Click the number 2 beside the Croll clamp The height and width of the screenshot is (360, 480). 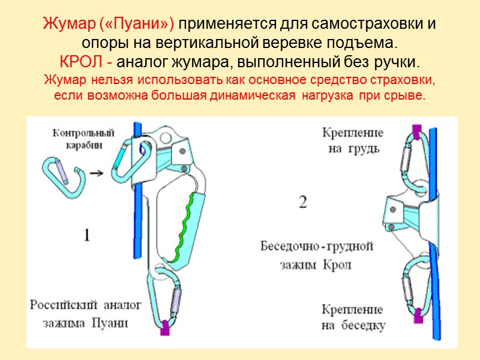(x=303, y=203)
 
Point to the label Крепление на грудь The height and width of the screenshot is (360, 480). (x=352, y=140)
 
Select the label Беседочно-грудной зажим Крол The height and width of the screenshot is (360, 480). (x=317, y=255)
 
